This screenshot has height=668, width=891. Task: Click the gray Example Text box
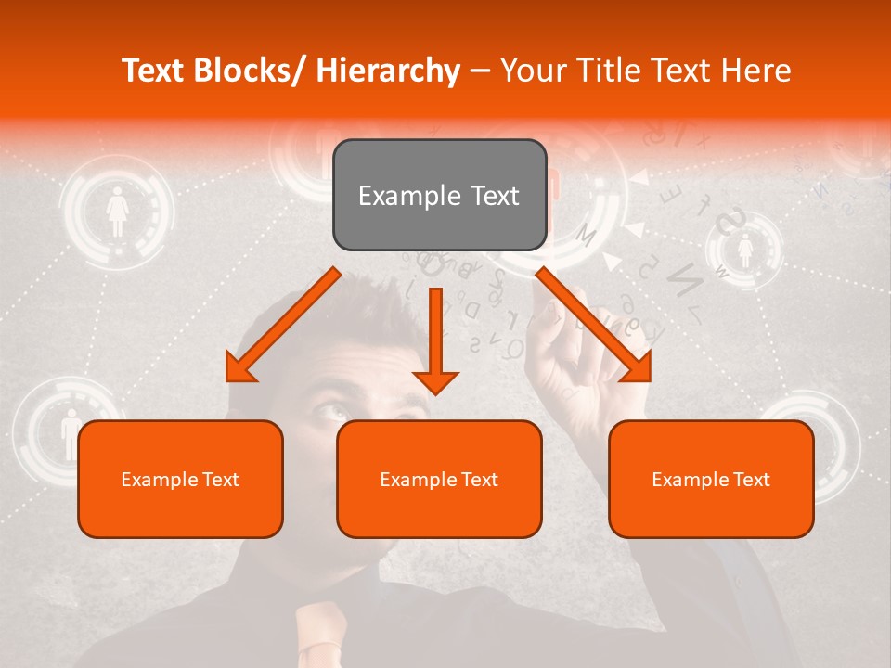point(439,195)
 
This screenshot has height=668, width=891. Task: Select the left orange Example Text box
point(180,479)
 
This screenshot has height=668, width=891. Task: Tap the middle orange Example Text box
point(439,479)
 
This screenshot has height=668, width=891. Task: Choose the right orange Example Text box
point(711,479)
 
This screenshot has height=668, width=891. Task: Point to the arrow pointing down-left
point(282,326)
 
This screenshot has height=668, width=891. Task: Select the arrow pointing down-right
point(594,326)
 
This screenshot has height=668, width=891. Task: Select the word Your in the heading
point(532,71)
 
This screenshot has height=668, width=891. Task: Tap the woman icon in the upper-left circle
point(117,212)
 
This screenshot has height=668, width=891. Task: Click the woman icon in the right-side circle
point(744,250)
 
